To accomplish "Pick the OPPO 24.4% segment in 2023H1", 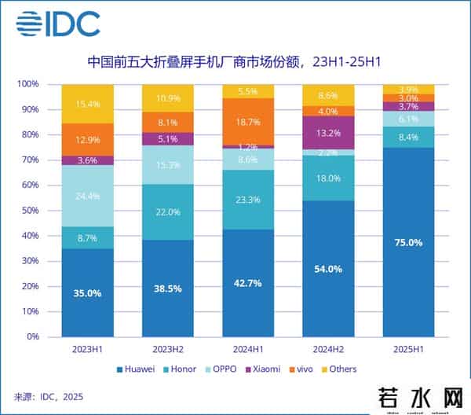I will pos(87,196).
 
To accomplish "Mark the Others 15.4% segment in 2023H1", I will pos(87,104).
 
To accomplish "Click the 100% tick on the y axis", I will pos(28,84).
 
